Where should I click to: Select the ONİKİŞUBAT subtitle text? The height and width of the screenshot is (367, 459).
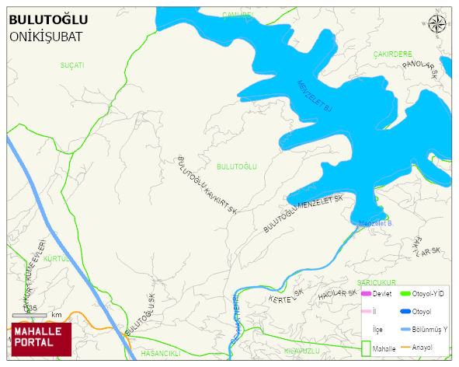[x=46, y=37]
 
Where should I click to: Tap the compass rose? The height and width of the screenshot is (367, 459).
[x=437, y=25]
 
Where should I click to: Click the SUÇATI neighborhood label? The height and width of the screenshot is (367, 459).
[x=71, y=65]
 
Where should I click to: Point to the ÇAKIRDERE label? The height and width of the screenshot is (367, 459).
[x=392, y=54]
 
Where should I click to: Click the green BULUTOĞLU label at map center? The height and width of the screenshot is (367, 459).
[x=236, y=166]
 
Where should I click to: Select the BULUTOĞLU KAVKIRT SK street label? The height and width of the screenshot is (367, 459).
[x=207, y=184]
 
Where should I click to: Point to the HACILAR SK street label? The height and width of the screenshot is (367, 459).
[x=336, y=295]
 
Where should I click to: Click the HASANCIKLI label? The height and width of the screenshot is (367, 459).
[x=161, y=353]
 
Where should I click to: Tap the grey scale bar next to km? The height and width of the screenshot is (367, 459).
[x=30, y=315]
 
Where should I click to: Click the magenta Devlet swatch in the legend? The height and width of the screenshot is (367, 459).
[x=366, y=294]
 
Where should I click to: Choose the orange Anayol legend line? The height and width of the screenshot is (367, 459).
[x=405, y=348]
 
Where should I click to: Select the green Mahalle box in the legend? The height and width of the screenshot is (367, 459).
[x=366, y=348]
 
